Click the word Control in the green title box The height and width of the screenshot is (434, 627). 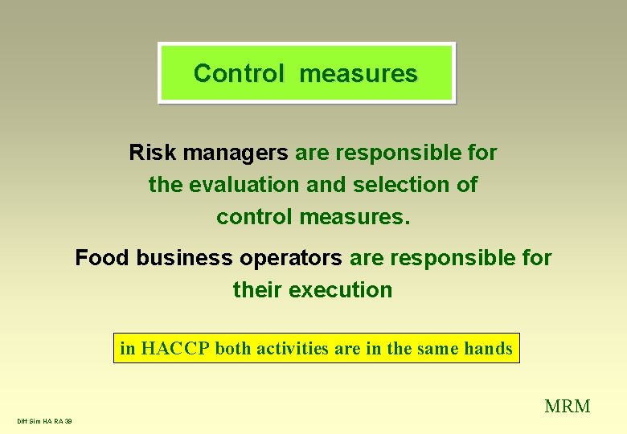click(239, 73)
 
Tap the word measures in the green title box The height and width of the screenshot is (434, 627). click(359, 73)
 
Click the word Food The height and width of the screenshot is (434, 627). click(103, 258)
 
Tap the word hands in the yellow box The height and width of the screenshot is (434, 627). click(488, 349)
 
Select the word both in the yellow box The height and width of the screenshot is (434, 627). click(233, 349)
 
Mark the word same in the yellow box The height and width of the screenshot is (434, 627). click(438, 349)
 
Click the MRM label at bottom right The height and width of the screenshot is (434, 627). click(568, 406)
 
